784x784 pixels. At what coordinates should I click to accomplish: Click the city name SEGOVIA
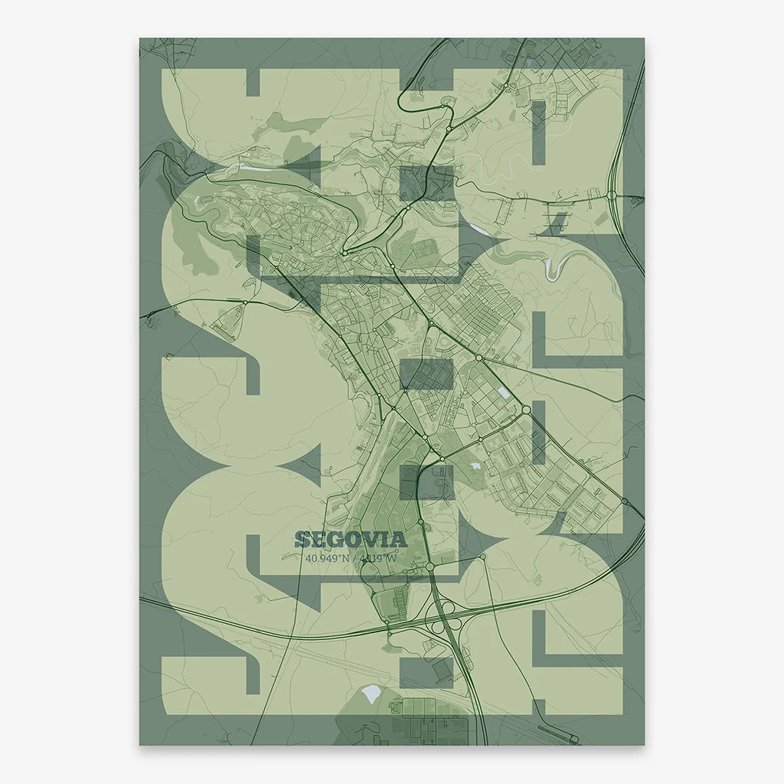pyautogui.click(x=350, y=539)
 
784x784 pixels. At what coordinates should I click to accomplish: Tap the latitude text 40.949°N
pyautogui.click(x=327, y=558)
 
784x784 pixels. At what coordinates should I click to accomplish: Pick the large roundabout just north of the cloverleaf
pyautogui.click(x=430, y=567)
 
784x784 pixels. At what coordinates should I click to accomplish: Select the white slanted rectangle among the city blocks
pyautogui.click(x=502, y=392)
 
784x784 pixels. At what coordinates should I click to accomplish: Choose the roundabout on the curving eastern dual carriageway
pyautogui.click(x=613, y=196)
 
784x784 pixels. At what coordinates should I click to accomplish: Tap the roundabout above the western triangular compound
pyautogui.click(x=244, y=303)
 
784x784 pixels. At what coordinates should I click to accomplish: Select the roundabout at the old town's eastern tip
pyautogui.click(x=345, y=253)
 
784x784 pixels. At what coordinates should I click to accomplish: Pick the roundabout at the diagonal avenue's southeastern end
pyautogui.click(x=527, y=410)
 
